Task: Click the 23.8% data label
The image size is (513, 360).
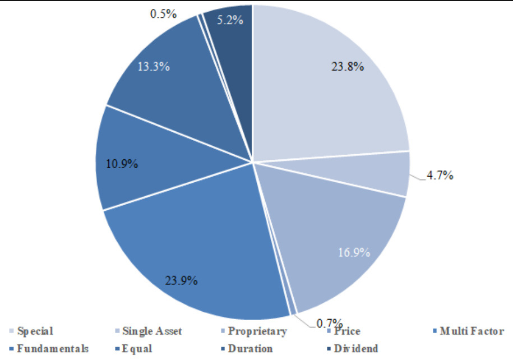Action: pyautogui.click(x=348, y=67)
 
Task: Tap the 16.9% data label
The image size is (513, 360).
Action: pyautogui.click(x=354, y=252)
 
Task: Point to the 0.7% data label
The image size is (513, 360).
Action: pyautogui.click(x=329, y=323)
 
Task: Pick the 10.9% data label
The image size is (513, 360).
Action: pyautogui.click(x=122, y=164)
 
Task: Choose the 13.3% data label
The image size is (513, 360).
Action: pyautogui.click(x=154, y=66)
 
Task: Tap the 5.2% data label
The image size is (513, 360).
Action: pyautogui.click(x=230, y=20)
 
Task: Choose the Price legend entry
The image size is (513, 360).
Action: pyautogui.click(x=348, y=331)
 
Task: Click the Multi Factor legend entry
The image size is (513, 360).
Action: pyautogui.click(x=472, y=331)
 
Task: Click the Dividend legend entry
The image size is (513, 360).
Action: pyautogui.click(x=355, y=348)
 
